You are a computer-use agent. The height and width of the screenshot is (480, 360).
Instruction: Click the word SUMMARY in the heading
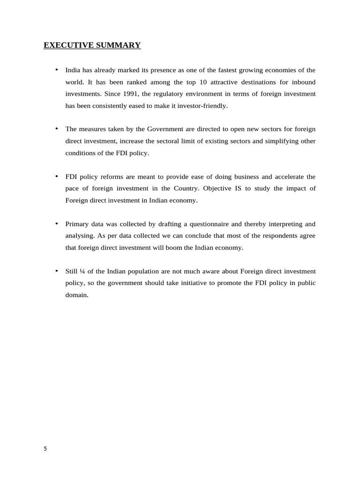[x=119, y=45]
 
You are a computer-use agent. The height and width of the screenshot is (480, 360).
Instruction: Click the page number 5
[x=45, y=449]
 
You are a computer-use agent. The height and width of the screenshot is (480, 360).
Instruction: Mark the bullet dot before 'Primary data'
[x=57, y=223]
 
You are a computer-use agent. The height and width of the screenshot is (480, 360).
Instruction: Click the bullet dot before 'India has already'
[x=57, y=69]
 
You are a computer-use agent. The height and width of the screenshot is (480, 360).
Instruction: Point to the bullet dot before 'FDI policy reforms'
[x=57, y=176]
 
